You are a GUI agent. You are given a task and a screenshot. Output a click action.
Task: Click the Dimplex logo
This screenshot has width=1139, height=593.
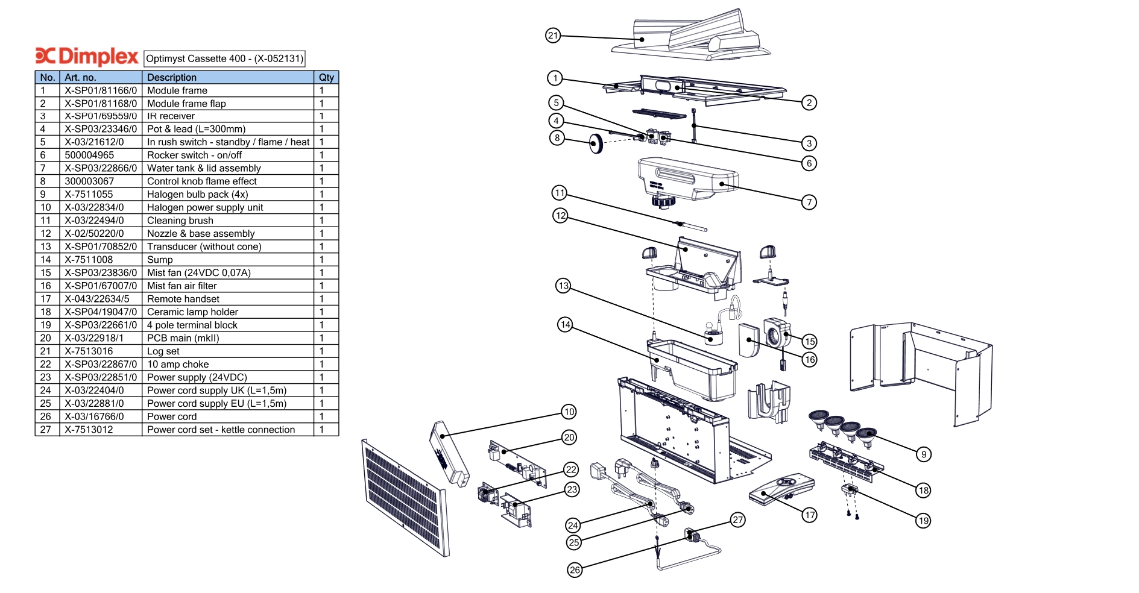click(87, 56)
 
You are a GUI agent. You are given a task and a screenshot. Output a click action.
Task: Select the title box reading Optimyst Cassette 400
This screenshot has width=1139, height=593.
click(224, 58)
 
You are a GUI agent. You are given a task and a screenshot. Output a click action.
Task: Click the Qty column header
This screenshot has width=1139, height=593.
click(326, 77)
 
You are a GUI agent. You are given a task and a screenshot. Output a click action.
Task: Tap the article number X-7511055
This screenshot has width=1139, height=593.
click(89, 194)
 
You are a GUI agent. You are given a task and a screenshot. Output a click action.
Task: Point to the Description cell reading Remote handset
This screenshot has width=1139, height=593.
click(183, 299)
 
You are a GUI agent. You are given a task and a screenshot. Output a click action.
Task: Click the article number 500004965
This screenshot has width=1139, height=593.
click(89, 155)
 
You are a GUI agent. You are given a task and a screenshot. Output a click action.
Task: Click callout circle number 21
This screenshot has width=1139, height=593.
click(553, 36)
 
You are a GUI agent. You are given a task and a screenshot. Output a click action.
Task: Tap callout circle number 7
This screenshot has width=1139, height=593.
click(809, 202)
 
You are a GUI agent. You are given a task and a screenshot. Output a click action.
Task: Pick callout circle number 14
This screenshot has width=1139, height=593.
click(565, 325)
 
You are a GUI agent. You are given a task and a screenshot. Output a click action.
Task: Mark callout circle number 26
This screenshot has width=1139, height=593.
click(575, 570)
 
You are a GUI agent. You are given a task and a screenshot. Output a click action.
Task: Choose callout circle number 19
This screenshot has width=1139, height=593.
click(923, 521)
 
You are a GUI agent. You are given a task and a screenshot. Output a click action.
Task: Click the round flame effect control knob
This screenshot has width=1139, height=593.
click(596, 143)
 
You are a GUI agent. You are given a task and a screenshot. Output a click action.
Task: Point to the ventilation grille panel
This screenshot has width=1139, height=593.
click(406, 498)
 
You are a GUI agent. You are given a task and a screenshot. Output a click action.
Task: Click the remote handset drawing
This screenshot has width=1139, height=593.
click(781, 489)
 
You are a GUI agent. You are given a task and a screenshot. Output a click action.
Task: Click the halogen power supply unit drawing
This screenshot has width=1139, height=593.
click(449, 453)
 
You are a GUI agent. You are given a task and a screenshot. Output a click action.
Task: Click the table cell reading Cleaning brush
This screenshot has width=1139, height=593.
click(180, 221)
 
